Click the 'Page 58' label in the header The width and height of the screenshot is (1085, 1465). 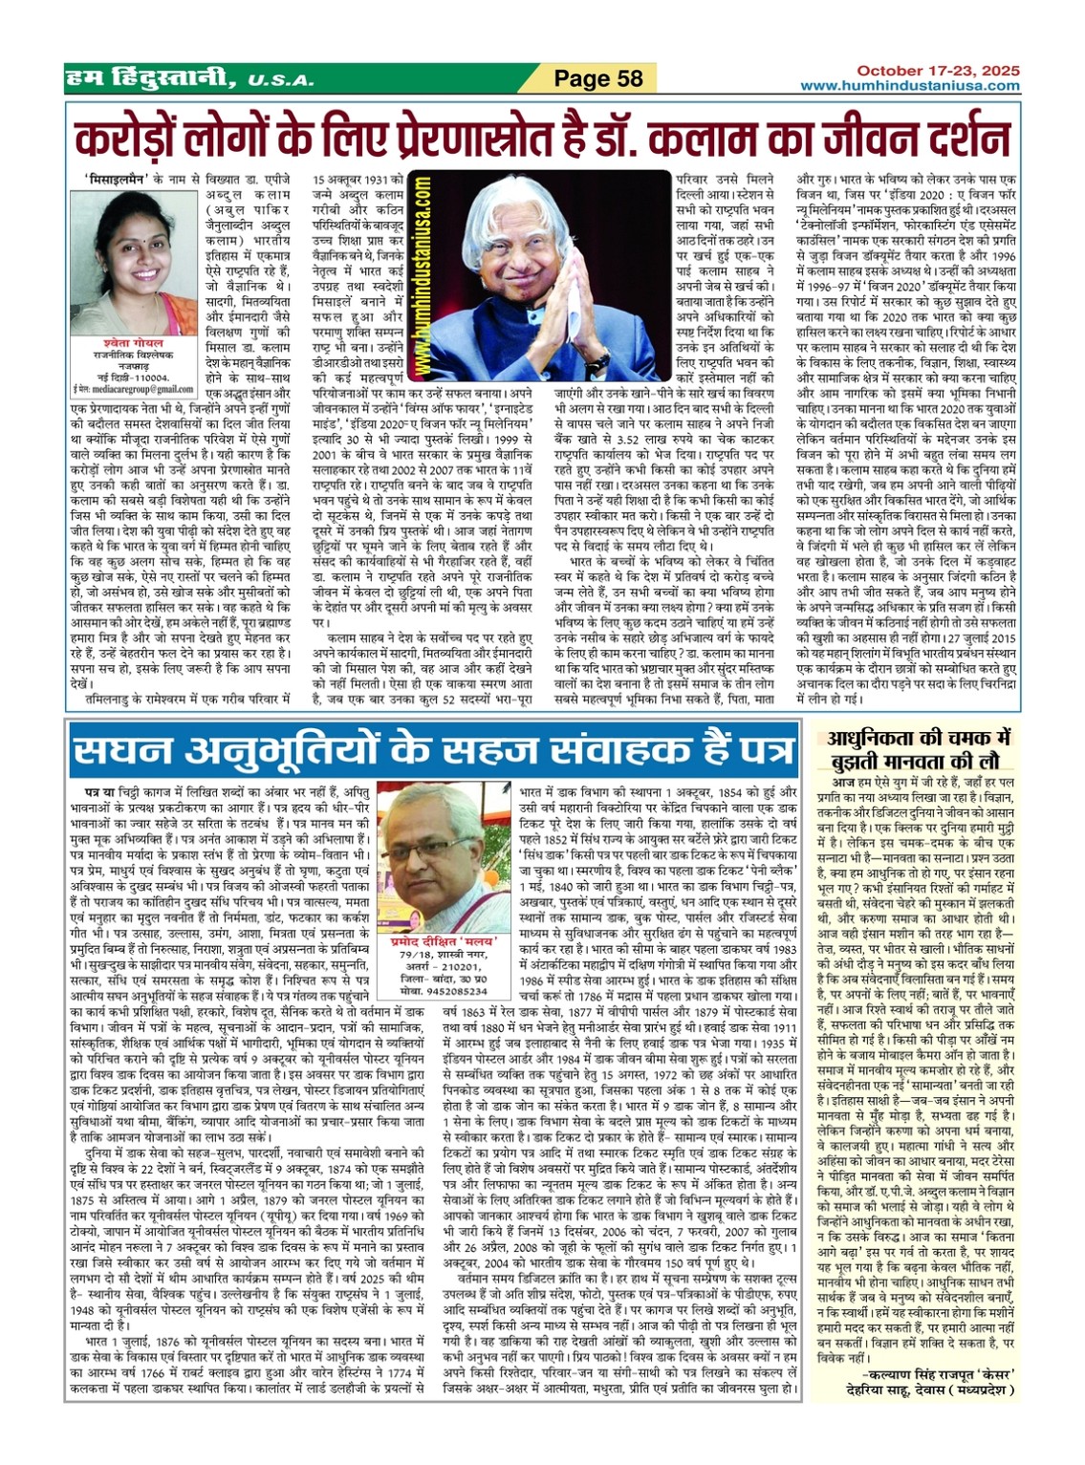(x=598, y=78)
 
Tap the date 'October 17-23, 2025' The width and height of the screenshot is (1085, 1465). (x=937, y=71)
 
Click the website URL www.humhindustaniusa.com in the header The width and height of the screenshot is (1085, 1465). (x=910, y=86)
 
